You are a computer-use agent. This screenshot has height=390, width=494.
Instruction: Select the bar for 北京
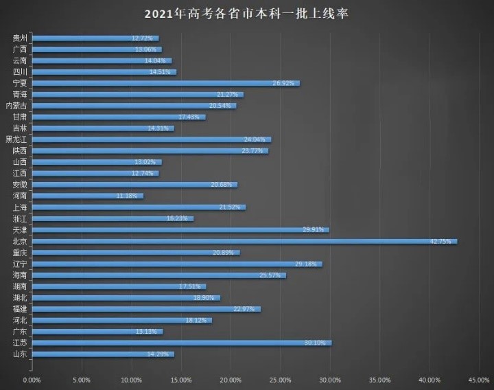[x=244, y=241]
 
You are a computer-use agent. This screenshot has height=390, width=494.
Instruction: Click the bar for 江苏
[x=181, y=343]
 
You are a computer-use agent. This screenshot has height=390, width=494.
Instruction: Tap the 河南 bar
[x=87, y=196]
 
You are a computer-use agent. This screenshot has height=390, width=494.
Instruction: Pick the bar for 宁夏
[x=165, y=83]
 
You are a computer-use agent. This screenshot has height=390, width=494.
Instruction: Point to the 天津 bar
[x=180, y=229]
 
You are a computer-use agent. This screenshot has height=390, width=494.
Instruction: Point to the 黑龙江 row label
[x=17, y=139]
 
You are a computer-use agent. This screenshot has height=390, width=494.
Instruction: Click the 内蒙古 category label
[x=17, y=106]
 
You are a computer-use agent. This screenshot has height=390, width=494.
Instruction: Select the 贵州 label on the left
[x=20, y=38]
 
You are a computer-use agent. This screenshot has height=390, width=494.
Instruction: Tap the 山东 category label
[x=20, y=354]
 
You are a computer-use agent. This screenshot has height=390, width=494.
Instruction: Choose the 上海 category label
[x=20, y=207]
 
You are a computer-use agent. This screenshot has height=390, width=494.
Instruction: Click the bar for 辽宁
[x=176, y=264]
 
